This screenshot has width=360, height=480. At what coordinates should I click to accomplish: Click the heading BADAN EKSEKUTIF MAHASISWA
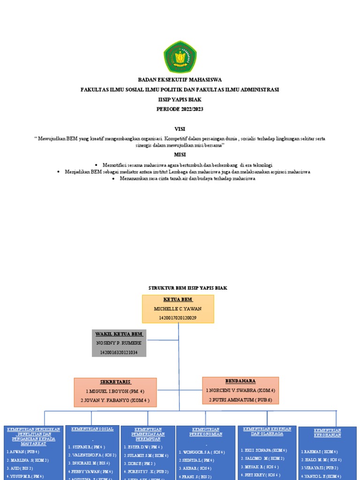(180, 80)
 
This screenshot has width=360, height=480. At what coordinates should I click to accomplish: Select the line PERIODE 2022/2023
(180, 109)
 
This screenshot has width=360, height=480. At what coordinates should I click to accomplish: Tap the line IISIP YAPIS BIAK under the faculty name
(180, 99)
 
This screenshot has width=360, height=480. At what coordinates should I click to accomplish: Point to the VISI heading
(180, 128)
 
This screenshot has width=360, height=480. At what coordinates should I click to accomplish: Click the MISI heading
(180, 155)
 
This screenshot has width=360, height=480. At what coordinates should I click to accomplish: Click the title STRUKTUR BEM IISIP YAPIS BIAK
(187, 288)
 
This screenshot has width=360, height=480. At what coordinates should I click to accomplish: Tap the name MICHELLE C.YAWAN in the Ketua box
(178, 309)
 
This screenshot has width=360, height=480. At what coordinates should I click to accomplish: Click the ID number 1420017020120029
(178, 318)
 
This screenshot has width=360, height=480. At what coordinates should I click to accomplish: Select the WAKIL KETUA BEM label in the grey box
(119, 334)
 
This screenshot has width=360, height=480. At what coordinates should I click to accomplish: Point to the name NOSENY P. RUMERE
(119, 343)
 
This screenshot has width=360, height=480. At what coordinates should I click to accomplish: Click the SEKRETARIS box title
(115, 382)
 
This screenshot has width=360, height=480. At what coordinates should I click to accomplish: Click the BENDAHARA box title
(240, 381)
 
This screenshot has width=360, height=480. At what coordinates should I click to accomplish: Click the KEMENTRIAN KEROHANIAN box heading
(327, 433)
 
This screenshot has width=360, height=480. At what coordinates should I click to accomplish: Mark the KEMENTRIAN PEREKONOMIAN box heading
(206, 432)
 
